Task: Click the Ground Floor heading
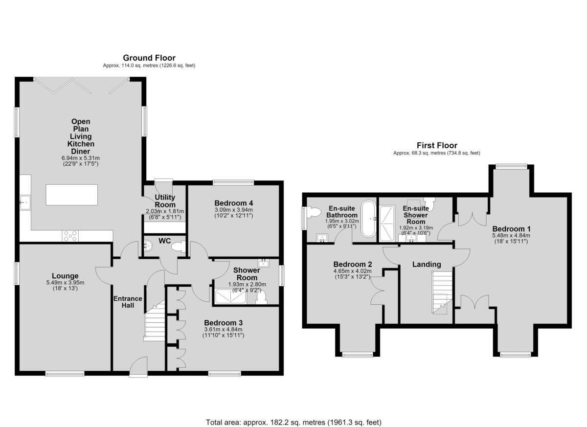click(149, 58)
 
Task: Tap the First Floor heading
click(437, 145)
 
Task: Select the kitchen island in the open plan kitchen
click(72, 195)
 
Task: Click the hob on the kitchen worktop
click(70, 236)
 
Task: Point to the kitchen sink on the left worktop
click(25, 202)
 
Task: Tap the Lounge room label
click(65, 276)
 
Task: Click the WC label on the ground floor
click(164, 241)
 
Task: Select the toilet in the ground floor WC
click(179, 247)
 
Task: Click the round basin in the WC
click(148, 246)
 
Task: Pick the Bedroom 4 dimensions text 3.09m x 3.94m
click(234, 210)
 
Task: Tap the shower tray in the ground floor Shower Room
click(230, 297)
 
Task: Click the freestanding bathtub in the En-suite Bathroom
click(368, 219)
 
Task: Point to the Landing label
click(427, 264)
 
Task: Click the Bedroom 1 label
click(511, 229)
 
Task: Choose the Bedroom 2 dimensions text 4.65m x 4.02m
click(353, 271)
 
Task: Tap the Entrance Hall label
click(128, 302)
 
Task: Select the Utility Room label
click(165, 201)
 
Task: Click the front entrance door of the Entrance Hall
click(138, 367)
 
